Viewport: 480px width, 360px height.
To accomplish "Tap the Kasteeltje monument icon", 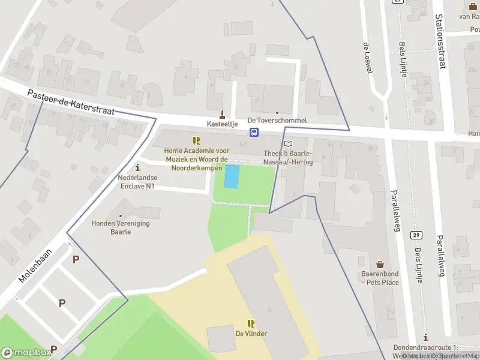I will (x=223, y=113).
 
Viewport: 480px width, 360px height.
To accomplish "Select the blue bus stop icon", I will (x=254, y=133).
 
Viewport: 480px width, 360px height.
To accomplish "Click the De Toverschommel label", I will (x=277, y=120).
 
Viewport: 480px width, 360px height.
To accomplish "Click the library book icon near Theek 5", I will (x=289, y=144).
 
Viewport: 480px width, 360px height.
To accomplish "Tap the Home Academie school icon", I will (x=196, y=140).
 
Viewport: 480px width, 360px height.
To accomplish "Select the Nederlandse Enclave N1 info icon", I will (x=138, y=167).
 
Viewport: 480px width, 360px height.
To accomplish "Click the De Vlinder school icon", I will (x=251, y=323).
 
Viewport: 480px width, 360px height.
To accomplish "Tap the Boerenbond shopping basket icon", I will (x=380, y=265).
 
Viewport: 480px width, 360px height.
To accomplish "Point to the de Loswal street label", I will (x=368, y=58).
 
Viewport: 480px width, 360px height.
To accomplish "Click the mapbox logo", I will (x=25, y=352).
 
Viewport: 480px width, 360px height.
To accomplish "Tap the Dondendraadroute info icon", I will (x=425, y=338).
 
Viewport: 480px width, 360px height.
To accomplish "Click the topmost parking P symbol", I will (x=76, y=259).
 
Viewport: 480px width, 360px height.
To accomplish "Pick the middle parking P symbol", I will (x=62, y=304).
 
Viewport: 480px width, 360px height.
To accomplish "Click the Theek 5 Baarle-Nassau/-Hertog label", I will (x=289, y=157).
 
